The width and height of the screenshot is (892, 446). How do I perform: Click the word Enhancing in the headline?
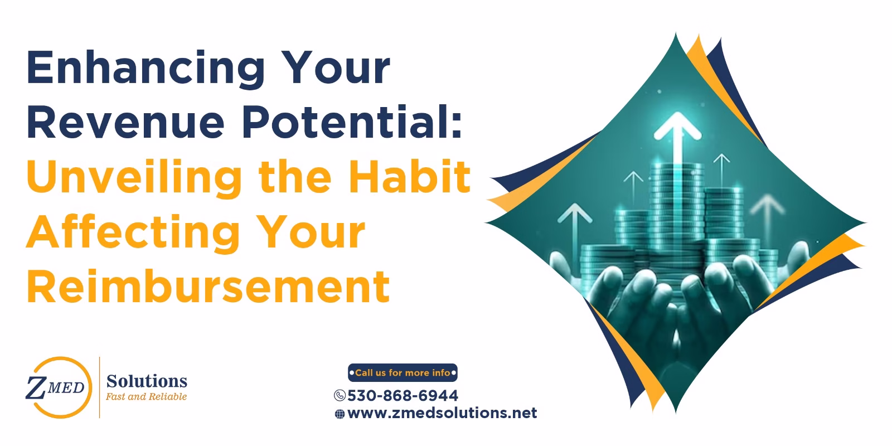146,69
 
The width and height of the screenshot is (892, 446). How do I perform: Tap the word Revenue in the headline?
126,122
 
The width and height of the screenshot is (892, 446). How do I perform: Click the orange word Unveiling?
134,178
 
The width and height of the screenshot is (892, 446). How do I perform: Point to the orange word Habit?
410,176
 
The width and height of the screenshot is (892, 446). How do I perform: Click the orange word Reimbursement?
209,287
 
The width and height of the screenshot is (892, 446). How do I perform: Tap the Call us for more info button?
403,373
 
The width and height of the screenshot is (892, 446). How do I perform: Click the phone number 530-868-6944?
403,395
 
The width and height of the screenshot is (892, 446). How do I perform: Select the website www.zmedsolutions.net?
442,413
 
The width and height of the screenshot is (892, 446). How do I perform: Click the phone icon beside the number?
340,395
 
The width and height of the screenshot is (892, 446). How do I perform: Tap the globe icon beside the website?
340,414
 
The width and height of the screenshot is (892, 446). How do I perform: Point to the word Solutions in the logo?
147,381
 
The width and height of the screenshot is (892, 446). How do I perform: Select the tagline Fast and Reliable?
146,396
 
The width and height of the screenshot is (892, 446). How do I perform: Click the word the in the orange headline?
295,176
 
